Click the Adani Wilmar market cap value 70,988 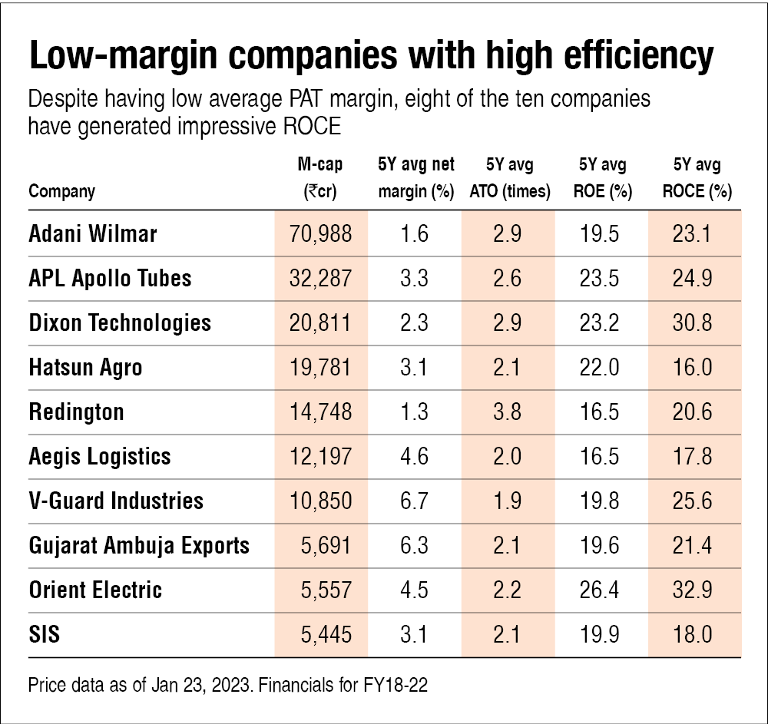tap(321, 234)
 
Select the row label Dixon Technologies tap(120, 322)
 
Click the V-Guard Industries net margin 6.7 tap(415, 501)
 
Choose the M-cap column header tap(320, 178)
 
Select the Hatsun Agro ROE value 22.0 tap(601, 368)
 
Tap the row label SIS tap(45, 635)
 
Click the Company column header tap(62, 192)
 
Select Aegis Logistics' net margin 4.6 tap(415, 457)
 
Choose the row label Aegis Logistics tap(100, 457)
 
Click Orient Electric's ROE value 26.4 tap(601, 590)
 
